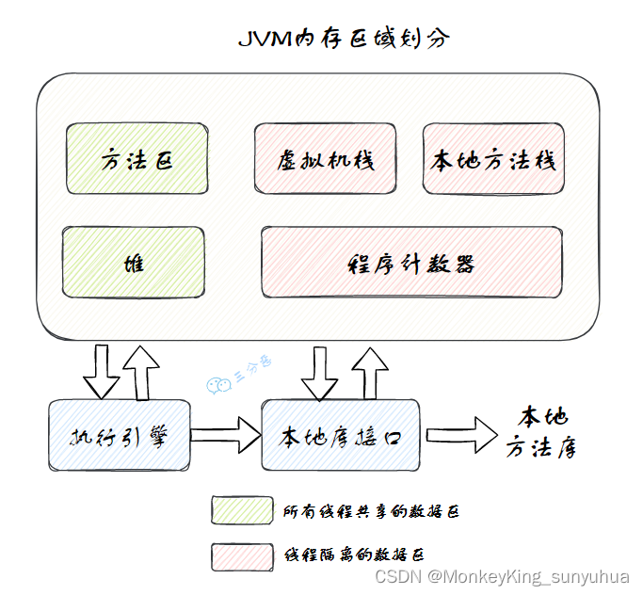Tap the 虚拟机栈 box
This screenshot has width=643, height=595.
click(326, 159)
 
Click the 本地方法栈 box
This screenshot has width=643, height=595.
click(493, 159)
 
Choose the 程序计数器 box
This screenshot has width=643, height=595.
click(411, 263)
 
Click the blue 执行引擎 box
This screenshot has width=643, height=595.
click(119, 436)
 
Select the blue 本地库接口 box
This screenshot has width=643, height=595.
click(340, 436)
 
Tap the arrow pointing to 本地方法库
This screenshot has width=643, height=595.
click(462, 436)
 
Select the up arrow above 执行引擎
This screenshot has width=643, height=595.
click(142, 370)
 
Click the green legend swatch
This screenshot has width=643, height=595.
click(239, 509)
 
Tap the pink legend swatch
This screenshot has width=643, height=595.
click(239, 555)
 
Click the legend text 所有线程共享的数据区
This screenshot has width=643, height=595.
click(371, 511)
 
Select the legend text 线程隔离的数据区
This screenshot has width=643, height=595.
click(359, 555)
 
